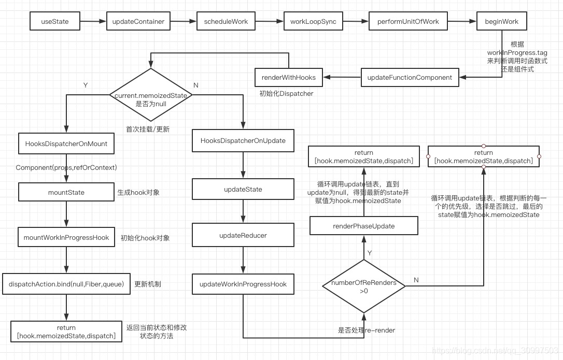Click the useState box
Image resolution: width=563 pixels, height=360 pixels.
tap(55, 22)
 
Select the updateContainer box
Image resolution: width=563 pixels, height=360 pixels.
tap(138, 22)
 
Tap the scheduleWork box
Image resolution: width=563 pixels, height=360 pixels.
tap(226, 22)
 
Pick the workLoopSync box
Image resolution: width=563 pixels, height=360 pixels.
tap(313, 22)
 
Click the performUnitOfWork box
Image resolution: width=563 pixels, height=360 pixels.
tap(407, 22)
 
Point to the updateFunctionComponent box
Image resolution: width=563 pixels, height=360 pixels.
tap(410, 78)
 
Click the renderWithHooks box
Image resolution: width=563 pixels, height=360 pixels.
tap(288, 78)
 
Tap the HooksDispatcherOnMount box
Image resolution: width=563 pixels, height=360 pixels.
tap(66, 143)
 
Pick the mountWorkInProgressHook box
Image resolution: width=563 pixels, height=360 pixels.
tap(66, 237)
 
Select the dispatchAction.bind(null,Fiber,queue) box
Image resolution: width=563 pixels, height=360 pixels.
tap(66, 284)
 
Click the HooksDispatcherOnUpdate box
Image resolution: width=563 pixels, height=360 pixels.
tap(243, 141)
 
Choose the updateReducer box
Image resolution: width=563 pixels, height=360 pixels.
tap(243, 235)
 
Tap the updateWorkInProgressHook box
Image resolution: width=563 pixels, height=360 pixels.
tap(243, 284)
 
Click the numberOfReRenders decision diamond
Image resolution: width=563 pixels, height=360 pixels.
tap(363, 286)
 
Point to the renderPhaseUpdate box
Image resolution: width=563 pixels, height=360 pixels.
tap(363, 226)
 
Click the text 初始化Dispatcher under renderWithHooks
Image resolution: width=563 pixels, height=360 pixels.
tap(286, 94)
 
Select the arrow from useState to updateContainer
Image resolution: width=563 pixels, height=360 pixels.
tap(93, 22)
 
